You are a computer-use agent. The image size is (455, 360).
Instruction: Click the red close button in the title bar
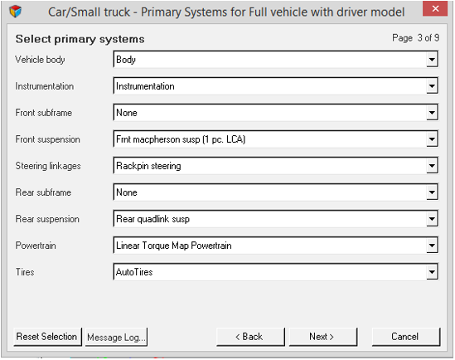[x=435, y=8]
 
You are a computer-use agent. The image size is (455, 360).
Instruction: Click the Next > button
[x=323, y=337]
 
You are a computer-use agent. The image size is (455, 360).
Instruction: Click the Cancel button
[x=406, y=337]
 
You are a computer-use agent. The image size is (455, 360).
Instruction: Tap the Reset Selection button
[x=47, y=337]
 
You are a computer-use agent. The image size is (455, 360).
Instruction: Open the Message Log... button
[x=116, y=337]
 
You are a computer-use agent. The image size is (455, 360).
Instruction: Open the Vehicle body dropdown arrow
[x=432, y=60]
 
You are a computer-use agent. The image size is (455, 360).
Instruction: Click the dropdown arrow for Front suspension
[x=432, y=139]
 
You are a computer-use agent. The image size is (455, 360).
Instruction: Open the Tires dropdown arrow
[x=432, y=272]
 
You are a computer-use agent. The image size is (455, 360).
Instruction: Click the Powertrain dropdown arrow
[x=432, y=246]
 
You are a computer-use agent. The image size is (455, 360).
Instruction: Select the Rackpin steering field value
[x=148, y=166]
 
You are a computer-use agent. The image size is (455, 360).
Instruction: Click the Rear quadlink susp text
[x=153, y=219]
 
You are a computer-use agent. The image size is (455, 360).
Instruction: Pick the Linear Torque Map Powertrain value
[x=174, y=246]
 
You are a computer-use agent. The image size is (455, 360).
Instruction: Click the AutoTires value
[x=134, y=272]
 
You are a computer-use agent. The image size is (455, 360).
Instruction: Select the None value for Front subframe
[x=127, y=113]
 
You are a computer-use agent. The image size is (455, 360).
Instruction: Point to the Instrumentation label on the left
[x=45, y=86]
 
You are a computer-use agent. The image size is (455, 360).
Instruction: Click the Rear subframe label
[x=44, y=192]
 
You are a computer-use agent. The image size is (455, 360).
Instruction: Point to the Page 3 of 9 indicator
[x=415, y=38]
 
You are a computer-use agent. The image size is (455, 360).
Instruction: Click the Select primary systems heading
[x=80, y=39]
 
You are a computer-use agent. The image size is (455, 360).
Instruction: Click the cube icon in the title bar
[x=16, y=12]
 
